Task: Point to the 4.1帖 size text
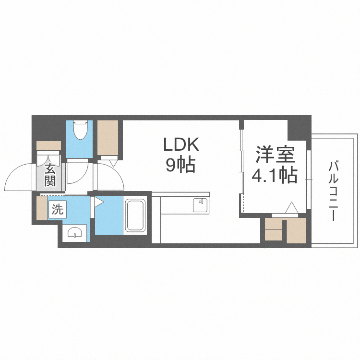point(274,176)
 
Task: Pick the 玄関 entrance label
point(50,175)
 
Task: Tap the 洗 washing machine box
point(57,209)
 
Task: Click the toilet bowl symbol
point(79,131)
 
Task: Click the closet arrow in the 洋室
point(291,208)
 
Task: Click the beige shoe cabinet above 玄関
point(48,146)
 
